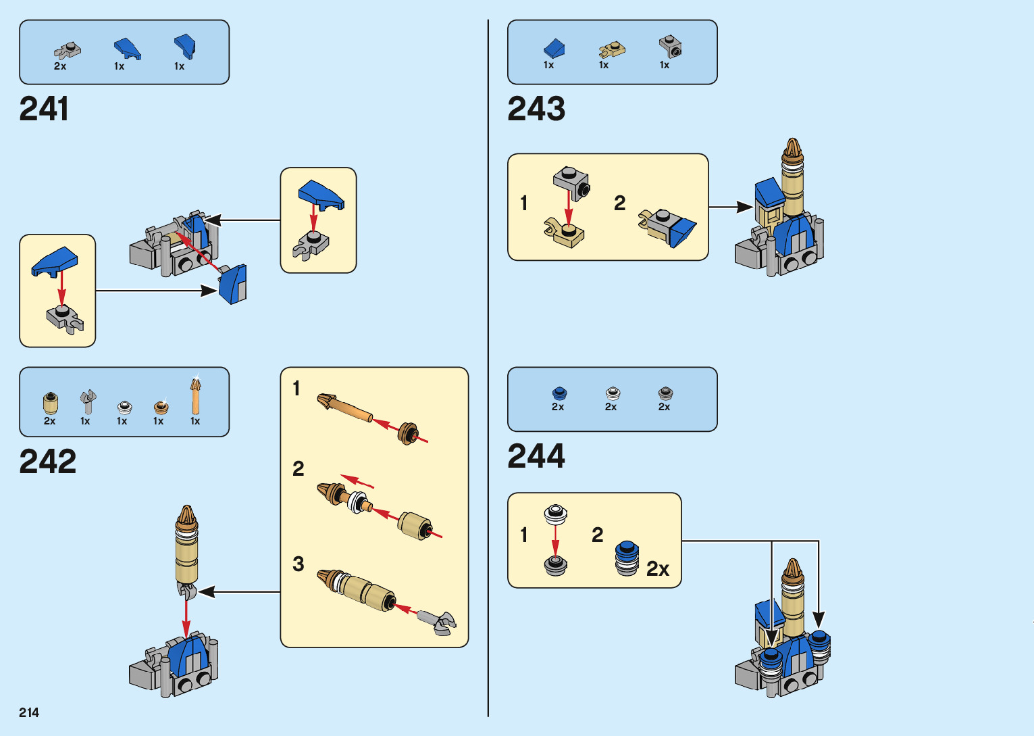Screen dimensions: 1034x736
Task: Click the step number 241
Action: pyautogui.click(x=44, y=109)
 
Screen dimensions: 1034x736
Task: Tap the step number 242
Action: pyautogui.click(x=47, y=462)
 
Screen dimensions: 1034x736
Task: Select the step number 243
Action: pyautogui.click(x=536, y=109)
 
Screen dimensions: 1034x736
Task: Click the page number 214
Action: pyautogui.click(x=29, y=712)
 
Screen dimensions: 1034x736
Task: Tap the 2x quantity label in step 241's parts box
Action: pyautogui.click(x=60, y=66)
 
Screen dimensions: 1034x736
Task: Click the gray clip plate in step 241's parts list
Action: pyautogui.click(x=68, y=50)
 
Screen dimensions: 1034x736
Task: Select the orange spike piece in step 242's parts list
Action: pyautogui.click(x=195, y=397)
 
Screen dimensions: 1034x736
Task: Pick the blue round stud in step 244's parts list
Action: pyautogui.click(x=559, y=393)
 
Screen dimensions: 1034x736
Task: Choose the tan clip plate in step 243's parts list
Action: pyautogui.click(x=611, y=49)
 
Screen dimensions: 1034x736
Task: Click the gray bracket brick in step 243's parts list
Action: pyautogui.click(x=670, y=47)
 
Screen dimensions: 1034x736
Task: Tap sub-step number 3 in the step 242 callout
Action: pyautogui.click(x=298, y=564)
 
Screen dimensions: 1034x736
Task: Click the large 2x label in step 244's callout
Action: pyautogui.click(x=657, y=569)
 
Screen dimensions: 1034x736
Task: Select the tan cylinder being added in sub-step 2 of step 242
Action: pyautogui.click(x=413, y=524)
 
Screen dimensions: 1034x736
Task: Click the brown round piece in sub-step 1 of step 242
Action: pyautogui.click(x=408, y=433)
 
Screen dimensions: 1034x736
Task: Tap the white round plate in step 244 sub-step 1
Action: pyautogui.click(x=555, y=513)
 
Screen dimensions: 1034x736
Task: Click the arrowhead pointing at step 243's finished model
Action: pyautogui.click(x=744, y=207)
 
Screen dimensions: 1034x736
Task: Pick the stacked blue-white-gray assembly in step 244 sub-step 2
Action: pyautogui.click(x=627, y=558)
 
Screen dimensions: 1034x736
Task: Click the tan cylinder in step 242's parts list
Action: pyautogui.click(x=50, y=403)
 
